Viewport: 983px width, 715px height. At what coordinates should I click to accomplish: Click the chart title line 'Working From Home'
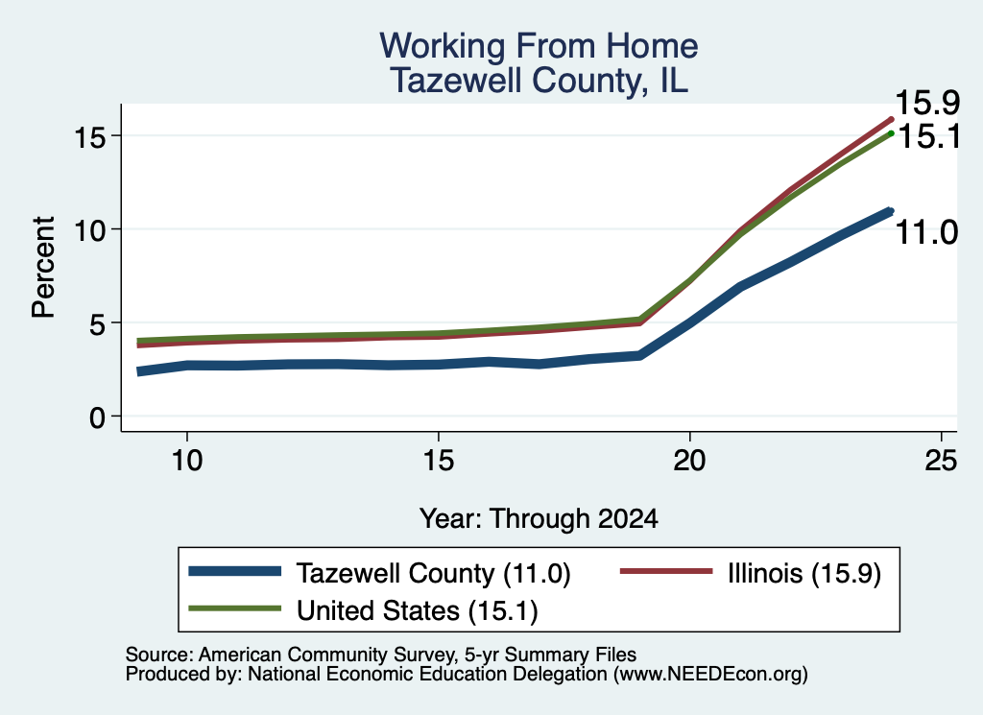pos(539,46)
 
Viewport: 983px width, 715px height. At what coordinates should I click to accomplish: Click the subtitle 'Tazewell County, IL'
pos(539,81)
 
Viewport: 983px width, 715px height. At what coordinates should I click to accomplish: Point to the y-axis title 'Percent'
pos(43,267)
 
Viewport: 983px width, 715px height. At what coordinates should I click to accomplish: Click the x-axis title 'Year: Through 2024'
pos(539,519)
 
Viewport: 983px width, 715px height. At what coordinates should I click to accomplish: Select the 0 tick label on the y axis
pos(97,417)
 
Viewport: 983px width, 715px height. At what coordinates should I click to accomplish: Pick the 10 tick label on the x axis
pos(187,461)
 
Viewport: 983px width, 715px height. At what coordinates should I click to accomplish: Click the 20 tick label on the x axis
pos(689,461)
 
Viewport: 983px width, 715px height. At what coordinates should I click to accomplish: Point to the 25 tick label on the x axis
pos(941,461)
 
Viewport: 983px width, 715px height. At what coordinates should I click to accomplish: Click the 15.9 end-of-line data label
pos(927,103)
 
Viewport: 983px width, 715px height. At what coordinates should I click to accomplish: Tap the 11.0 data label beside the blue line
pos(926,232)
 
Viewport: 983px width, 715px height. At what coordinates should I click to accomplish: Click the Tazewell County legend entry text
pos(433,573)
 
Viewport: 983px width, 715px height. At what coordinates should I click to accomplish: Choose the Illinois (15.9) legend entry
pos(804,573)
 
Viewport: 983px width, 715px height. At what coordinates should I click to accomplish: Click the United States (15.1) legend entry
pos(417,610)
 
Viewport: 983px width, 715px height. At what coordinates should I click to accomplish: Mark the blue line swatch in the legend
pos(234,571)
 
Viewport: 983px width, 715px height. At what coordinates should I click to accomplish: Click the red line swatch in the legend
pos(666,571)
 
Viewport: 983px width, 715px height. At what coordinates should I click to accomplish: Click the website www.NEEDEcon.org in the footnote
pos(710,674)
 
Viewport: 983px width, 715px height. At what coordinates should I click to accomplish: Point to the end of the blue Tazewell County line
pos(890,212)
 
